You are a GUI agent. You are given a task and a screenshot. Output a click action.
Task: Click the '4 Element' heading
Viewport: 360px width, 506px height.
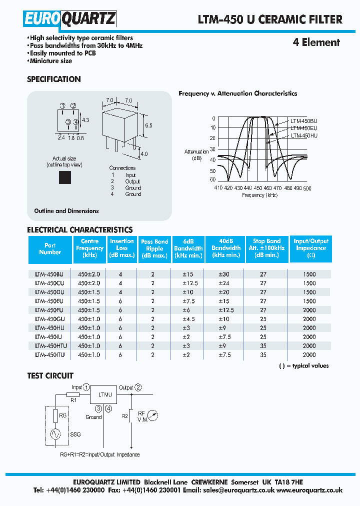[316, 42]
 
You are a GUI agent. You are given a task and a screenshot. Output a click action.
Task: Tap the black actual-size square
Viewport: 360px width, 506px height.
[64, 177]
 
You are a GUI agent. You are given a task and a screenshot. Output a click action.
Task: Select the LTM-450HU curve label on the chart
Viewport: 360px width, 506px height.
[304, 135]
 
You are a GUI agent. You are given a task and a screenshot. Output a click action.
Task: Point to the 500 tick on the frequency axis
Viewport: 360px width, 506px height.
[307, 188]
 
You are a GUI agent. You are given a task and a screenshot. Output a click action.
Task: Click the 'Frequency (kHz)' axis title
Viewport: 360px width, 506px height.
[259, 195]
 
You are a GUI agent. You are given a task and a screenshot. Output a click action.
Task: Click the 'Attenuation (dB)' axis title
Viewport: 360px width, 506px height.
[196, 155]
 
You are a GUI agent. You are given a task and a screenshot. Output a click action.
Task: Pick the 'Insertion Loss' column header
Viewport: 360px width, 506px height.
[122, 248]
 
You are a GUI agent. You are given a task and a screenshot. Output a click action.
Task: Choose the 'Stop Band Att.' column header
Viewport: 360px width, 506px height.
[266, 248]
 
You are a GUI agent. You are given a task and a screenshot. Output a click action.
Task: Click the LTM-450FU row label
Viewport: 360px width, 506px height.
[49, 310]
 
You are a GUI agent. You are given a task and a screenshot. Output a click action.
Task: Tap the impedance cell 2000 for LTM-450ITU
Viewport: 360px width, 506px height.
[309, 354]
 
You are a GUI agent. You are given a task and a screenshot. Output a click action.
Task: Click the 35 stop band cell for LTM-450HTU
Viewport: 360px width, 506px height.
[263, 345]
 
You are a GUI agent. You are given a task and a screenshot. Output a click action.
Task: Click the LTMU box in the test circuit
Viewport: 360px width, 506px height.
[103, 395]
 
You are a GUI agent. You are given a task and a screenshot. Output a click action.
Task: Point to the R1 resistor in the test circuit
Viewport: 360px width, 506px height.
[73, 395]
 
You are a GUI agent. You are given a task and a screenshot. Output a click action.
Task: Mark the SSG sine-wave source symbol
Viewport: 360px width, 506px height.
[55, 434]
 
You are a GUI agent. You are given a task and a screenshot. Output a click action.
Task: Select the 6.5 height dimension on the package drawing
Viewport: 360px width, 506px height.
[148, 125]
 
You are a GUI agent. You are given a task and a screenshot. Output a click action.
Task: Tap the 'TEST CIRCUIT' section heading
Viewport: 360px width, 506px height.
[50, 375]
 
